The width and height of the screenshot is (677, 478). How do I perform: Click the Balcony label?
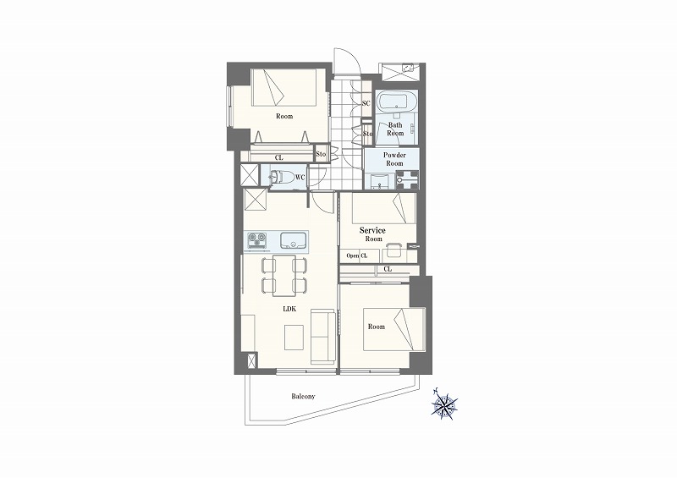coord(303,396)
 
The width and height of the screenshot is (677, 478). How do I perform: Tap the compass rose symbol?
coord(445,405)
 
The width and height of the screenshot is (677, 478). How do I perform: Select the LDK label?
coord(289,309)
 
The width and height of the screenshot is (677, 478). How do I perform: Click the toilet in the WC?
coord(280,177)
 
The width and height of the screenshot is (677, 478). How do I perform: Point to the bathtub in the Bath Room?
coord(396,102)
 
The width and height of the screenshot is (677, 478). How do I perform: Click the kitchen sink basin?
coord(294,240)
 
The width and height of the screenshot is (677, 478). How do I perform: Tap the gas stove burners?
coord(257,240)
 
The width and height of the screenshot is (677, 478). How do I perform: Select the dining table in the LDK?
coord(284,276)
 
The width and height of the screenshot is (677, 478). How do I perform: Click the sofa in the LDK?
coord(323,337)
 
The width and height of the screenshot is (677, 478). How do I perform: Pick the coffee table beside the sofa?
coord(294,338)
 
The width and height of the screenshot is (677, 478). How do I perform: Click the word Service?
coord(372,230)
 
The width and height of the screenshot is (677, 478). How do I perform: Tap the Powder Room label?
coord(394,159)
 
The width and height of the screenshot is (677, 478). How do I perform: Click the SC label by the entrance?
coord(366,103)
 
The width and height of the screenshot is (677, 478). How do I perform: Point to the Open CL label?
coord(357,255)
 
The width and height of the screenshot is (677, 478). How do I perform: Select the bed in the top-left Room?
coord(284,87)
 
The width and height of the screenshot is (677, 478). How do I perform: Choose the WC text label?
coord(300,177)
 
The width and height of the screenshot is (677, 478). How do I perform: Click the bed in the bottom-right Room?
coord(394,329)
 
